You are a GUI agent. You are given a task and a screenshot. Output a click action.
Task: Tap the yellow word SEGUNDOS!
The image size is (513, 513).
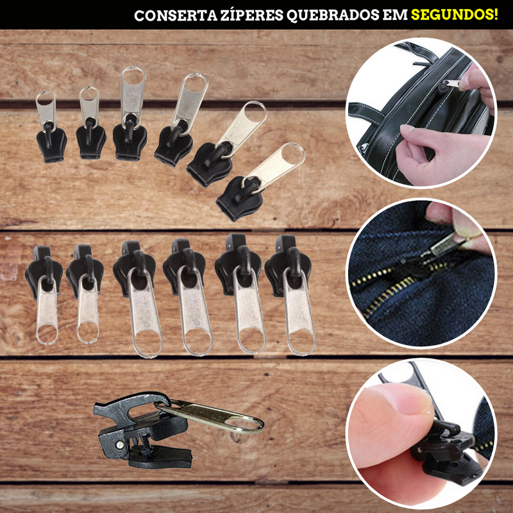[x=455, y=14]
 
